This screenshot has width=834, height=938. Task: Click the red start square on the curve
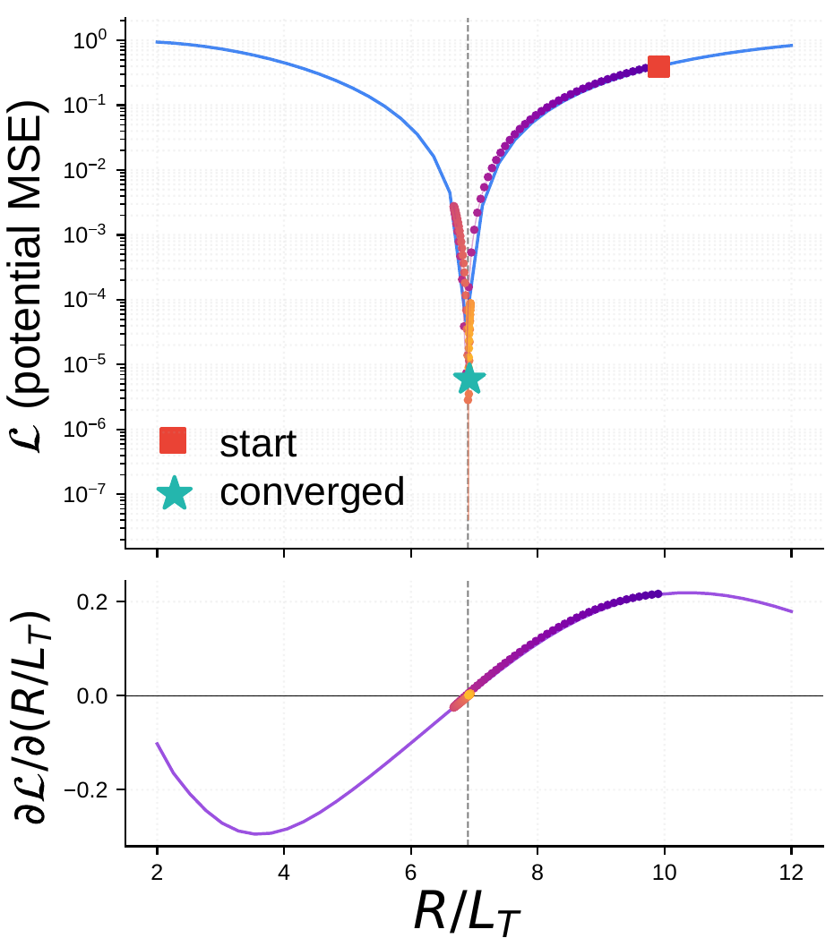click(658, 67)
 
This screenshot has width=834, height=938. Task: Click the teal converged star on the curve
click(469, 379)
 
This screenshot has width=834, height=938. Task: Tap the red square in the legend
click(173, 440)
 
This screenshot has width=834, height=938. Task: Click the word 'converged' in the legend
click(312, 491)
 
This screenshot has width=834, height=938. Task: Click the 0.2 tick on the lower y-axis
click(95, 601)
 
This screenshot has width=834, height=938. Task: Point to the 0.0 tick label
click(95, 696)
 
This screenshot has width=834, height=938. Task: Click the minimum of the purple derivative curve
click(258, 833)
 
